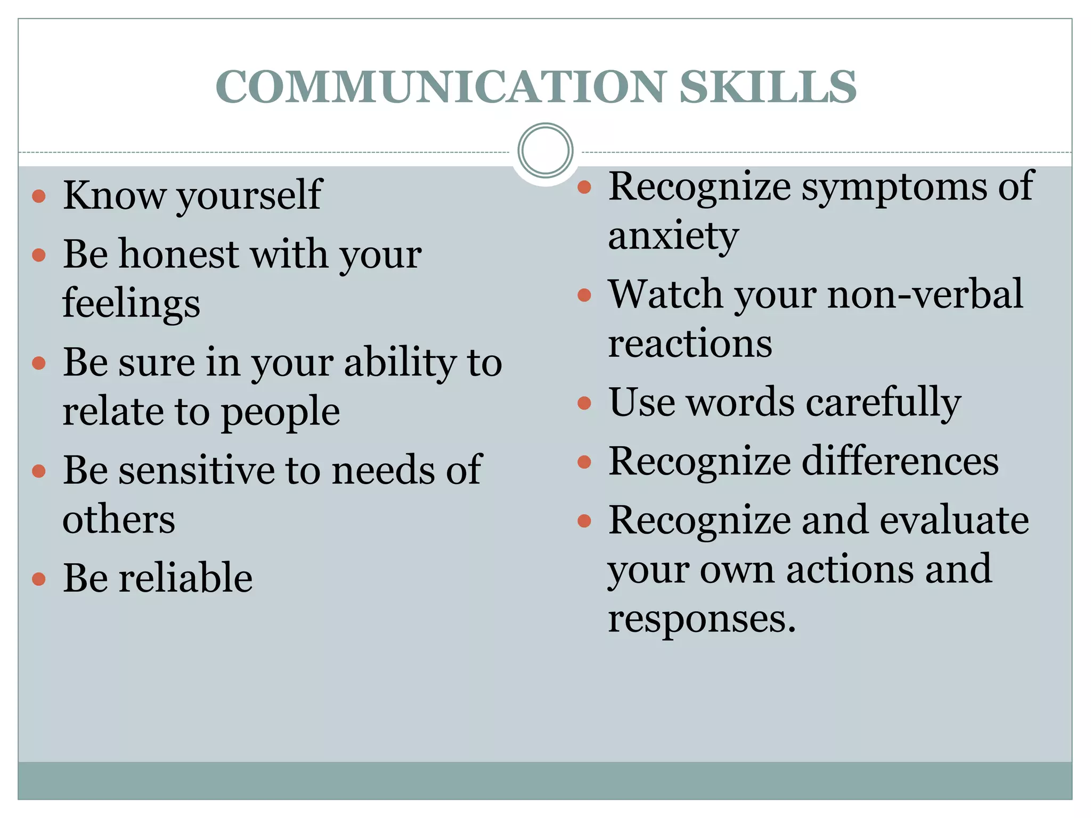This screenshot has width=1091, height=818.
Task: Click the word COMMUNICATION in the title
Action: click(441, 87)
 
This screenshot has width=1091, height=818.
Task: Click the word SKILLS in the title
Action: click(768, 87)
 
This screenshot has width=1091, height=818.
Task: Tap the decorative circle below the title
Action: click(545, 151)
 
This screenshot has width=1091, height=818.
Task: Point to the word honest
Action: click(179, 255)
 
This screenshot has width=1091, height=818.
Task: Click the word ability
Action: click(400, 363)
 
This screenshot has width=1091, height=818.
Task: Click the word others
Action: click(119, 520)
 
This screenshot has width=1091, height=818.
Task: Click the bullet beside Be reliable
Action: click(39, 579)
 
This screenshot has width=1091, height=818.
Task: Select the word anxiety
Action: click(673, 236)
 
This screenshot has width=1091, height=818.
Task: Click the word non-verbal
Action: click(925, 295)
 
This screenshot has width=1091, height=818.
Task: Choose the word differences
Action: click(900, 461)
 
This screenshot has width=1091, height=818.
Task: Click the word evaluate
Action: click(954, 520)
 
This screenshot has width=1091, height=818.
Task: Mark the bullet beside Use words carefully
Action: click(584, 403)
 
